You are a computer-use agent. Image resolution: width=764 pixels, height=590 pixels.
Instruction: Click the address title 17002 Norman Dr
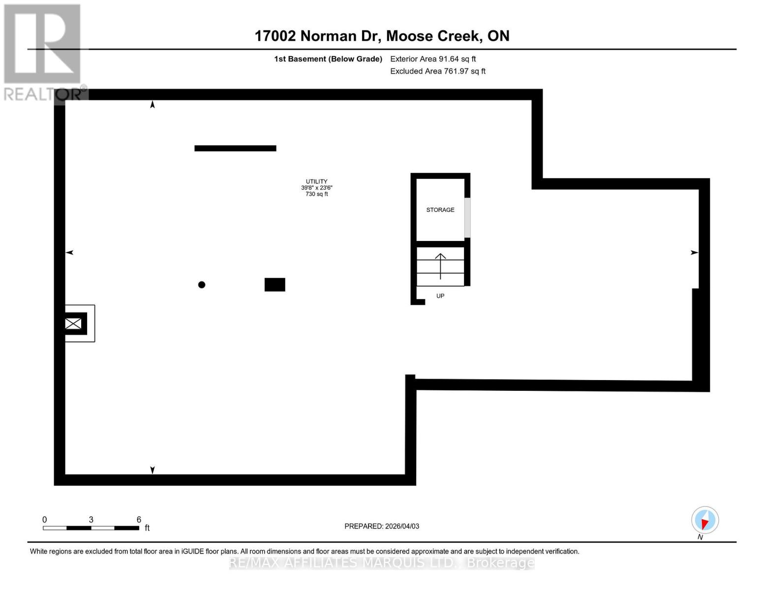coord(382,36)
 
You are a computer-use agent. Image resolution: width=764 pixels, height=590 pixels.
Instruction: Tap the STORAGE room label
coord(440,210)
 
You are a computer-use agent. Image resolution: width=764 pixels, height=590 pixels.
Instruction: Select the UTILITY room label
coord(316,181)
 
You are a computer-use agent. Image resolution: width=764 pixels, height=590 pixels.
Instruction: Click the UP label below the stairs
coord(440,296)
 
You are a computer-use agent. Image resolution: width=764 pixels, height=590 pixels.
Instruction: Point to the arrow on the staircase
coord(440,265)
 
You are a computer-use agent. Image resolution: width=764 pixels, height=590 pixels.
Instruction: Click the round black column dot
coord(202,285)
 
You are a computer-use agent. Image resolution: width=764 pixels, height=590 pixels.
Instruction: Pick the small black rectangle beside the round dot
coord(275,285)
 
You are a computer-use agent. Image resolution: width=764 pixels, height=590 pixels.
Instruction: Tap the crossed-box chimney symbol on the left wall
coord(73,324)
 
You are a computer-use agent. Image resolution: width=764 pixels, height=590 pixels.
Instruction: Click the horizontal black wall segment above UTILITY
coord(235,148)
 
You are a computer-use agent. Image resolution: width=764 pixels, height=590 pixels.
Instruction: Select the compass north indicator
coord(704,520)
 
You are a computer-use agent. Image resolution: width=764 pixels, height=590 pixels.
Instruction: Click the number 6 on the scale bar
coord(139,520)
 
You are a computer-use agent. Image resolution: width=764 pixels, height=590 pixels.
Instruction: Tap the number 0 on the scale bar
coord(45,520)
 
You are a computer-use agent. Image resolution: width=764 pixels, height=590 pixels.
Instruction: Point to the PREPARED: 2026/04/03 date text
coord(382,526)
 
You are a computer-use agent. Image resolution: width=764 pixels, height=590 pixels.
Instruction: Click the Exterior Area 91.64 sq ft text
coord(433,59)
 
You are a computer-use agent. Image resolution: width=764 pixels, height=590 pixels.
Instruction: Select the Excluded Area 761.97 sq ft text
coord(438,71)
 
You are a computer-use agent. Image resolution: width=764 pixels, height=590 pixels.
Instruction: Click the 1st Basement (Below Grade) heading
coord(328,59)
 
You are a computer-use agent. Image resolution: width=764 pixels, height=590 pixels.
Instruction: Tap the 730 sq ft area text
coord(316,194)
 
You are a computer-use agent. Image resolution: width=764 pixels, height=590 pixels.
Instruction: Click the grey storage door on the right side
coord(467,218)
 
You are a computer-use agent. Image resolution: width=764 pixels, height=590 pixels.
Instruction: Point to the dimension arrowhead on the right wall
coord(694,253)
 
